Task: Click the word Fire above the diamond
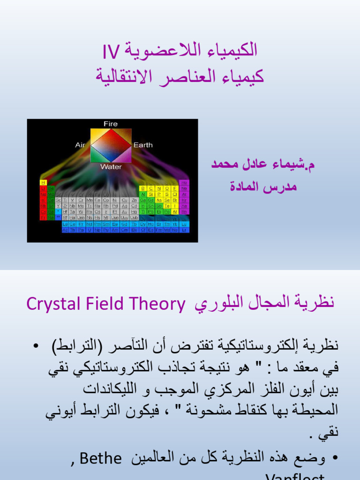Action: click(x=111, y=124)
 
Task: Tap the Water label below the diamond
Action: click(x=111, y=167)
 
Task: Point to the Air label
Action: click(x=80, y=145)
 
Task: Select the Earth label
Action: click(x=143, y=145)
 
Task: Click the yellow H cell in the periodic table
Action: click(x=44, y=182)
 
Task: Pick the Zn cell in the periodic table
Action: click(x=134, y=200)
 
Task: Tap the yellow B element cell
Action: click(x=143, y=188)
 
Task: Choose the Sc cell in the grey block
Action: click(x=59, y=200)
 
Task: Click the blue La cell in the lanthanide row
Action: click(x=66, y=224)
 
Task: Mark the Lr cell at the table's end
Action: click(x=184, y=230)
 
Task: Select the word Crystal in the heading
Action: click(x=50, y=304)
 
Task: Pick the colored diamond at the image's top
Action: click(x=111, y=145)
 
